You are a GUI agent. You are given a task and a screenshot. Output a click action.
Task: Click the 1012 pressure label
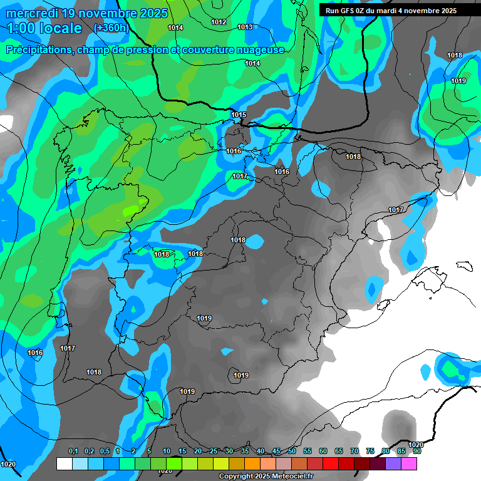(x=219, y=23)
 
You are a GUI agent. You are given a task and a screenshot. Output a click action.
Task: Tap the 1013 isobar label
(x=245, y=28)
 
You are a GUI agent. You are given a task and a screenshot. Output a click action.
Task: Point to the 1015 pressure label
(x=239, y=115)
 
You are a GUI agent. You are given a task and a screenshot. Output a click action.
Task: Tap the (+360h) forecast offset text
(x=111, y=28)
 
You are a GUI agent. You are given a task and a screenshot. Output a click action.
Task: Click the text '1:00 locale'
(x=44, y=29)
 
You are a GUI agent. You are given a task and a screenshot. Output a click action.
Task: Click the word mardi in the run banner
(x=391, y=11)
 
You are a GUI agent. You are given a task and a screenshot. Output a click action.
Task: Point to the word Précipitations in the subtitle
(x=39, y=50)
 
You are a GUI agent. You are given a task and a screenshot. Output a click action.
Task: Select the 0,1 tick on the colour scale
(x=73, y=452)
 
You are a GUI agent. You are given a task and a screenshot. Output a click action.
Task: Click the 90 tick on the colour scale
(x=417, y=452)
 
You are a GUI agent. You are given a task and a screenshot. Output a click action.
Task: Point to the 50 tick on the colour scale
(x=292, y=452)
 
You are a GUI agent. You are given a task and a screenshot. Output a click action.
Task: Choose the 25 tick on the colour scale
(x=214, y=452)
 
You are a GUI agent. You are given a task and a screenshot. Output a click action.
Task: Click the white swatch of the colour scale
(x=64, y=463)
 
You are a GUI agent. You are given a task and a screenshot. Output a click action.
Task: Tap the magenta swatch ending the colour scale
(x=409, y=463)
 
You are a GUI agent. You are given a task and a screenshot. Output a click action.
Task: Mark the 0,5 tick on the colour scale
(x=104, y=452)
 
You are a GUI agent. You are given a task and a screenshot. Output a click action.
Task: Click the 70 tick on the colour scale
(x=354, y=452)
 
